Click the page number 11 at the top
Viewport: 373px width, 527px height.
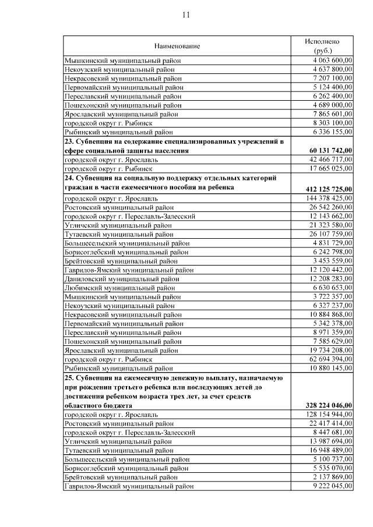186,15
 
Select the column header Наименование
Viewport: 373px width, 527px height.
177,46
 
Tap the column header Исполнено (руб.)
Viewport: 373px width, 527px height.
322,46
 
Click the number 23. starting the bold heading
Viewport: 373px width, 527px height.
69,142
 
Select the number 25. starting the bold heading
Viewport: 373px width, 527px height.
69,378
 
